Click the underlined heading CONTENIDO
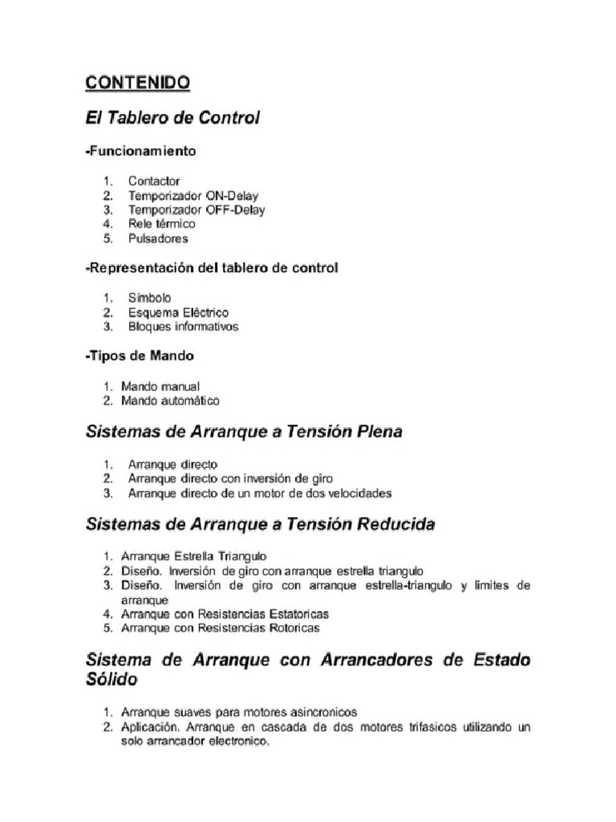tap(137, 82)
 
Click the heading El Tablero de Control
tap(172, 118)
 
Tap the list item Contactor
tap(154, 181)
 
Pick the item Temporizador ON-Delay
tap(193, 196)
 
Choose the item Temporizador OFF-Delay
tap(196, 210)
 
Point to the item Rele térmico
tap(161, 225)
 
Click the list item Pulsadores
tap(158, 239)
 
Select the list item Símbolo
tap(149, 298)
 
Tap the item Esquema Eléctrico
tap(178, 312)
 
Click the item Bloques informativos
tap(183, 327)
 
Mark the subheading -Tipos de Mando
tap(140, 355)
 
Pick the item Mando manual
tap(160, 386)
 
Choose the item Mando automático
tap(170, 401)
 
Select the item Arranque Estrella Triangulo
tap(193, 555)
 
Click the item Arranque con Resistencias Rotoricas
tap(220, 629)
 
